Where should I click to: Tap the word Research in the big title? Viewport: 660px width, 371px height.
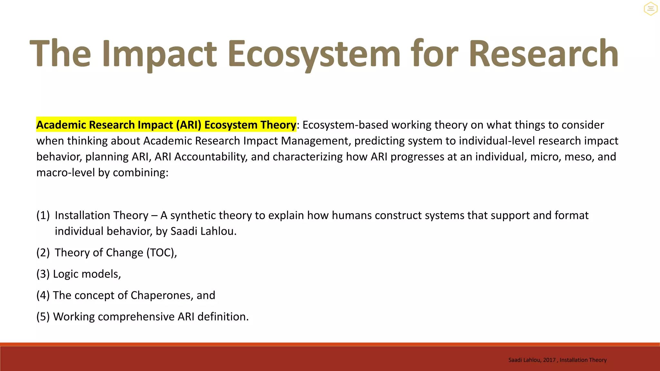543,53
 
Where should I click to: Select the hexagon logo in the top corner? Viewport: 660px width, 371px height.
650,9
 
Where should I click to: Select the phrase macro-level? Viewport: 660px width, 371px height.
66,173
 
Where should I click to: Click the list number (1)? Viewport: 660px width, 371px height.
43,215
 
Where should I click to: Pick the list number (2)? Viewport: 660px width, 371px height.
43,253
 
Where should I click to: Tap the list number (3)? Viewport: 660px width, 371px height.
43,274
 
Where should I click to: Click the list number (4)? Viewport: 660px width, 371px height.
43,295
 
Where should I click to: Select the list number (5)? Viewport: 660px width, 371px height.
43,317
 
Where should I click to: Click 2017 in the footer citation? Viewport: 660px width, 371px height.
549,360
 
